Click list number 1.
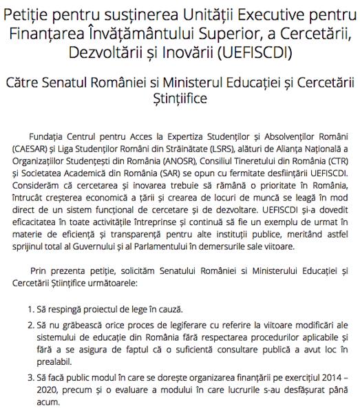[30, 308]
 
